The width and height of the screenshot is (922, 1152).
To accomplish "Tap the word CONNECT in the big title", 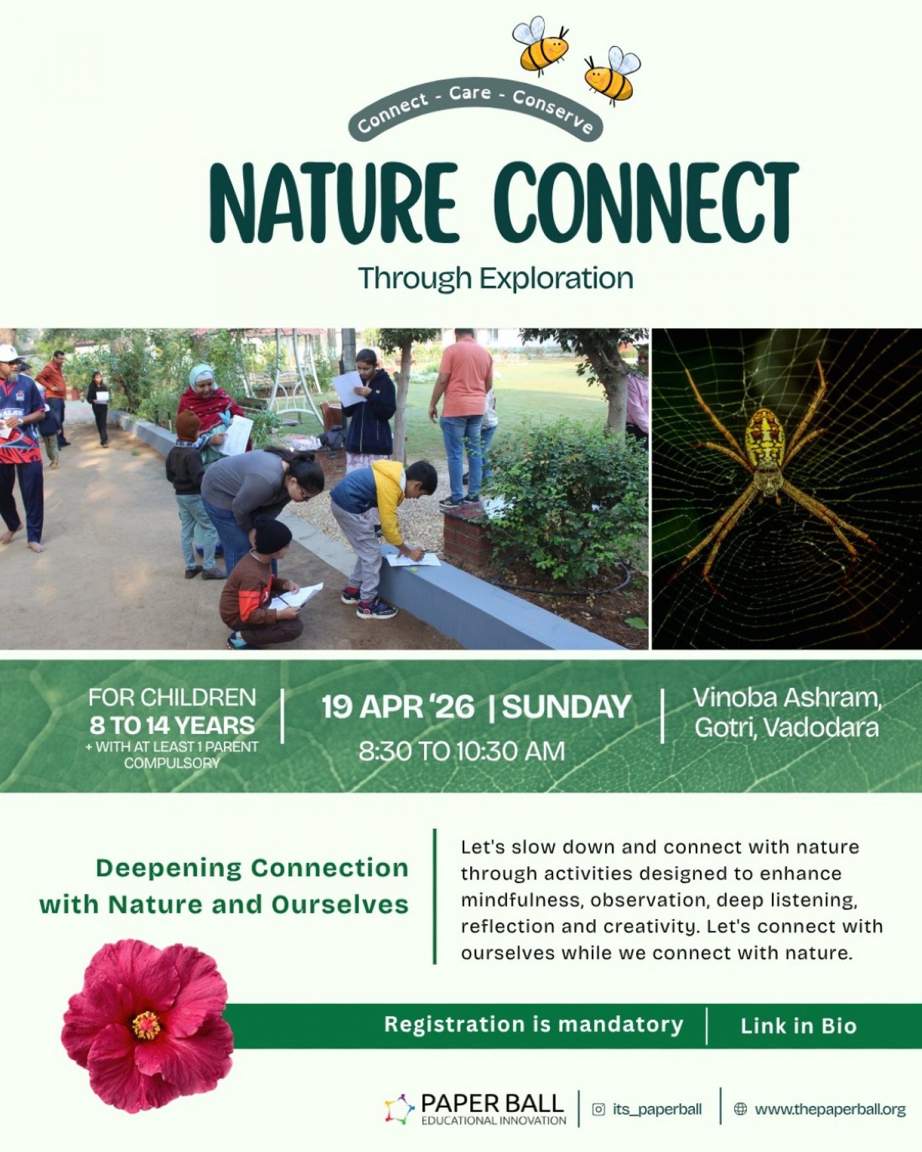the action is tap(647, 202).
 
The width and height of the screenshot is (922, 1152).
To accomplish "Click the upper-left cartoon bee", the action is tap(540, 45).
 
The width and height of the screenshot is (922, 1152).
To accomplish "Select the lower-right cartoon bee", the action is tap(612, 75).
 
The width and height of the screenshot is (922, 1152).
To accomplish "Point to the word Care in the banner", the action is tap(470, 93).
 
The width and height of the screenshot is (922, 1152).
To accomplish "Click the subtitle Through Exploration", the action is tap(496, 278).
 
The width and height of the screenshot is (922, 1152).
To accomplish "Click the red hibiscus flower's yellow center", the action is tap(146, 1025).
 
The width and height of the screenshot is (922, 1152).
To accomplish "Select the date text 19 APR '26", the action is tap(398, 707).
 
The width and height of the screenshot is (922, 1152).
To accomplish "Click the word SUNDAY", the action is tap(567, 707).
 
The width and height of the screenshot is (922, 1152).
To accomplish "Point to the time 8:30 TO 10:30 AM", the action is tap(462, 751).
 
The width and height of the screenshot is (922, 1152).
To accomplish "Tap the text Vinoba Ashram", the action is tap(787, 697).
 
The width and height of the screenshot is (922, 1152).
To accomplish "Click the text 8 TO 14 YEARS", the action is tap(172, 725).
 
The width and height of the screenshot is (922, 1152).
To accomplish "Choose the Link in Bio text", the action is tap(798, 1026).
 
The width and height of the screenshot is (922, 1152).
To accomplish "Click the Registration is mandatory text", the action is tap(534, 1025).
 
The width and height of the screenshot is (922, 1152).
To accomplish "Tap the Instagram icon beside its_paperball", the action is tap(599, 1109).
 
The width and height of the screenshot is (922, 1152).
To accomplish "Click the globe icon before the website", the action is tap(740, 1109).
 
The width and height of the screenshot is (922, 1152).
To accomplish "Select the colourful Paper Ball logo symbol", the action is tap(399, 1109).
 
